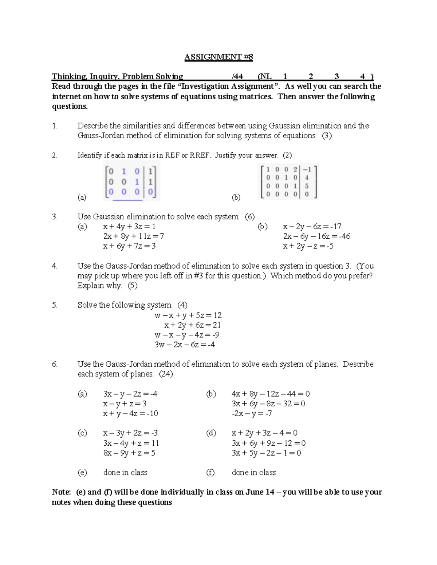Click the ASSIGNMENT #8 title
pyautogui.click(x=219, y=57)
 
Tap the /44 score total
pyautogui.click(x=237, y=76)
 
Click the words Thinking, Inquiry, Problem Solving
pyautogui.click(x=117, y=76)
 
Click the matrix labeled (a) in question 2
pyautogui.click(x=131, y=182)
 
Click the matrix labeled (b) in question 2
pyautogui.click(x=288, y=182)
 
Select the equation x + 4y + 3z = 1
pyautogui.click(x=129, y=227)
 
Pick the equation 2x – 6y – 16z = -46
pyautogui.click(x=316, y=236)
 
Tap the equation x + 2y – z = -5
pyautogui.click(x=308, y=246)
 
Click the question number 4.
pyautogui.click(x=55, y=266)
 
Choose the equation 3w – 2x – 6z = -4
pyautogui.click(x=185, y=345)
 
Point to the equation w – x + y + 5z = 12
pyautogui.click(x=188, y=315)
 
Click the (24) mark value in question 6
pyautogui.click(x=166, y=374)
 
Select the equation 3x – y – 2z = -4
pyautogui.click(x=130, y=394)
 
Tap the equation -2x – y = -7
pyautogui.click(x=252, y=414)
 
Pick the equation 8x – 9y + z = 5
pyautogui.click(x=129, y=453)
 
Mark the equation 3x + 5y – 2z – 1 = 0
pyautogui.click(x=266, y=453)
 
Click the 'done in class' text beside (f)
pyautogui.click(x=254, y=473)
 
